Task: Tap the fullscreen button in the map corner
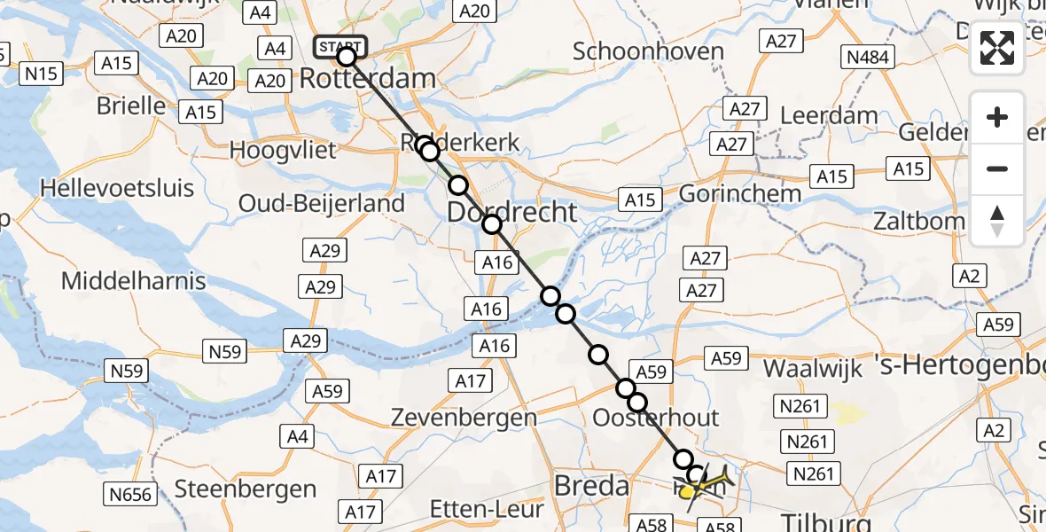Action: coord(997,48)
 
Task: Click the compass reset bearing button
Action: coord(997,221)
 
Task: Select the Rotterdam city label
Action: coord(367,78)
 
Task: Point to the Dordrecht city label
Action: coord(511,213)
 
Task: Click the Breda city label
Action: coord(591,485)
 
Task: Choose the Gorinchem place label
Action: coord(741,192)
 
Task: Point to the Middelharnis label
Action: coord(133,281)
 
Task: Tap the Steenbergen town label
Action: coord(246,489)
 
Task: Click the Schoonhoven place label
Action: coord(648,51)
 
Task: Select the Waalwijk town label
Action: coord(813,370)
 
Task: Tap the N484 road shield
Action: coord(869,59)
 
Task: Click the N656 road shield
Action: coord(129,494)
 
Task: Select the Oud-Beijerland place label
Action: coord(321,203)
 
